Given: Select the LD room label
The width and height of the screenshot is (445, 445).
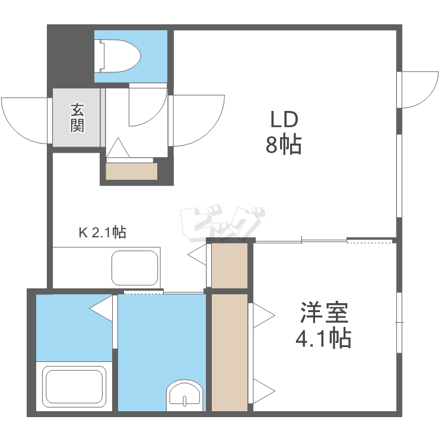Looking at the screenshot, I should [284, 120].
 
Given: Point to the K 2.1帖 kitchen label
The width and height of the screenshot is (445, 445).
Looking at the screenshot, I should [102, 232].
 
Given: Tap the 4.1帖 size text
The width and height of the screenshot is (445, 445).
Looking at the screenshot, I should [323, 339].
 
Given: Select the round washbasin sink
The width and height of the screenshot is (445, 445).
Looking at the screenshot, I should [185, 394].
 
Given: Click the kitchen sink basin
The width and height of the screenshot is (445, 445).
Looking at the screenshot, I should [136, 268].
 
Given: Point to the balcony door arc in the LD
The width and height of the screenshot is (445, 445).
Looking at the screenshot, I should [420, 89].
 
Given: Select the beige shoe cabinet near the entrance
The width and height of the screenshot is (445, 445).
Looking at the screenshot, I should [131, 171].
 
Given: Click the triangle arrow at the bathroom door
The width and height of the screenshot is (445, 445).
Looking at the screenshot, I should [101, 308].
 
